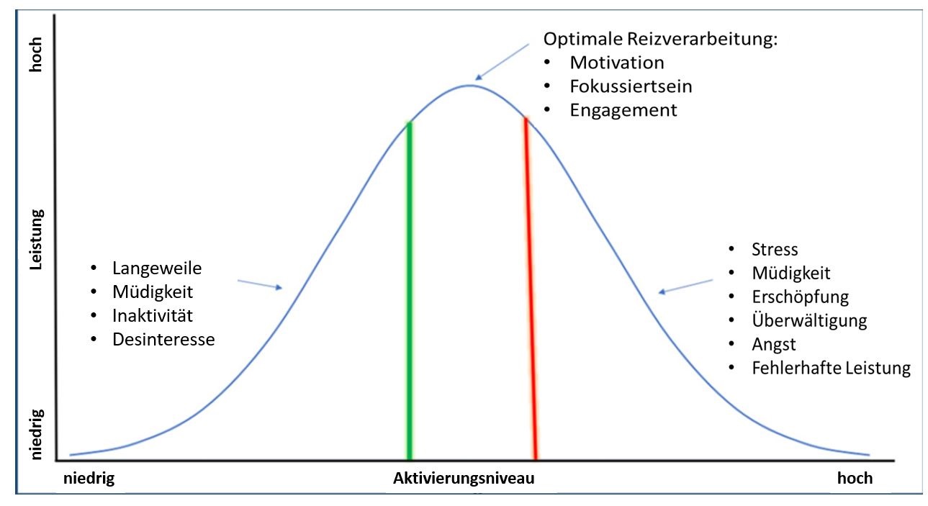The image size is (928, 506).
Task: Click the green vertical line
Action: coord(409,288)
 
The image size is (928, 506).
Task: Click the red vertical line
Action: coord(531,288)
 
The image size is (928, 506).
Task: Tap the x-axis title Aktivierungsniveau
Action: coord(464,479)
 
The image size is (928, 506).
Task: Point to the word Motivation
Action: coord(616,63)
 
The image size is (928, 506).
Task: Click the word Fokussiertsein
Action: coord(631,86)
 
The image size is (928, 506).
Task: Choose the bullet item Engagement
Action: coord(623,110)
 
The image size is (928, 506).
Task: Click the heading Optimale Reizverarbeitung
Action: coord(660,39)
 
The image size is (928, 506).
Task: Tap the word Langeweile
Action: coord(157,268)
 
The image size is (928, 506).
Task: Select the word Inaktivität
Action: coord(153,315)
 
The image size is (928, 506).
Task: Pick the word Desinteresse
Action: coord(163,339)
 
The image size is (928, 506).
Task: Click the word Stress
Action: coord(775,250)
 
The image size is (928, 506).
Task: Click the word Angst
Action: coord(774,344)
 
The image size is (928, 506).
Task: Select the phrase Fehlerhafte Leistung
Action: coord(831,369)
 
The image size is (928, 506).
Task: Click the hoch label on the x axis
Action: coord(855,479)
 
